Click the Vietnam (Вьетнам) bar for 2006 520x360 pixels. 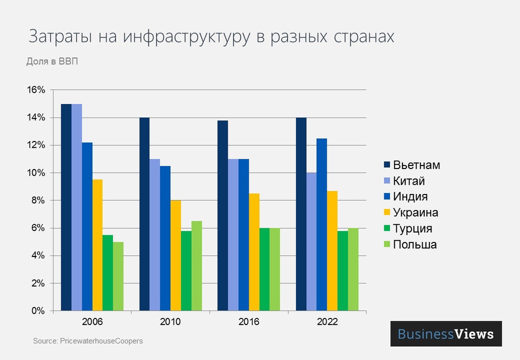coord(66,208)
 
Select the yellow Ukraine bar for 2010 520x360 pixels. coord(176,255)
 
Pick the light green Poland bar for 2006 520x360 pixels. coord(118,276)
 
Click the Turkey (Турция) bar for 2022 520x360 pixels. coord(343,271)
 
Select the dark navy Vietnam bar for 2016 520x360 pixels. coord(223,216)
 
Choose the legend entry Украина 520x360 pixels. coord(415,213)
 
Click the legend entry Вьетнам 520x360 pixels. coord(417,165)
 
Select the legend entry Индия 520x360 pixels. coord(411,197)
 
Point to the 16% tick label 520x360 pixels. coord(36,90)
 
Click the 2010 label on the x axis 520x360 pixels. coord(171,322)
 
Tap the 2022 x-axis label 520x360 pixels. coord(327,322)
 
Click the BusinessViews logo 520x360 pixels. coord(446,333)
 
